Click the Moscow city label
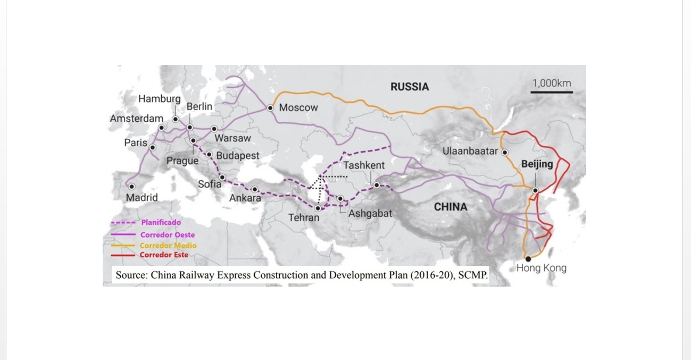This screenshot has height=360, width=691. click(298, 108)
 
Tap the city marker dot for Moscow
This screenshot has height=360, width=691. click(270, 108)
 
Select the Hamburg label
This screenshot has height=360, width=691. click(159, 99)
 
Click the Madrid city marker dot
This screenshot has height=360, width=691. click(131, 187)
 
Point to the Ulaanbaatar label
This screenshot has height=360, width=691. click(470, 152)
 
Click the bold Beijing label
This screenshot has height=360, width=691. click(537, 164)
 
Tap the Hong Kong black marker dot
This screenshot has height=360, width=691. click(528, 259)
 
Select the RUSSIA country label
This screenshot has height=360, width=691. click(409, 87)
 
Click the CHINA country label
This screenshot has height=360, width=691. click(451, 207)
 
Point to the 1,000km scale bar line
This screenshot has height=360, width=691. click(552, 93)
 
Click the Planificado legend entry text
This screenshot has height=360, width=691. click(161, 223)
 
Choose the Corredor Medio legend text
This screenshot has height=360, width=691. click(168, 245)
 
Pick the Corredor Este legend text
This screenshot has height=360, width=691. click(164, 255)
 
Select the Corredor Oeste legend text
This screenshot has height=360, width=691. click(168, 235)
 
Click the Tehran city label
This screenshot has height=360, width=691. click(304, 217)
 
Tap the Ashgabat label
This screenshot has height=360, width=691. click(370, 214)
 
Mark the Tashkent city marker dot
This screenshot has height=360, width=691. click(377, 185)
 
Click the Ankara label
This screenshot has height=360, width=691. click(245, 198)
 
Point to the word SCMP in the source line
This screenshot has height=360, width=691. click(472, 275)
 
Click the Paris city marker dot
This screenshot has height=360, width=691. click(153, 147)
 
